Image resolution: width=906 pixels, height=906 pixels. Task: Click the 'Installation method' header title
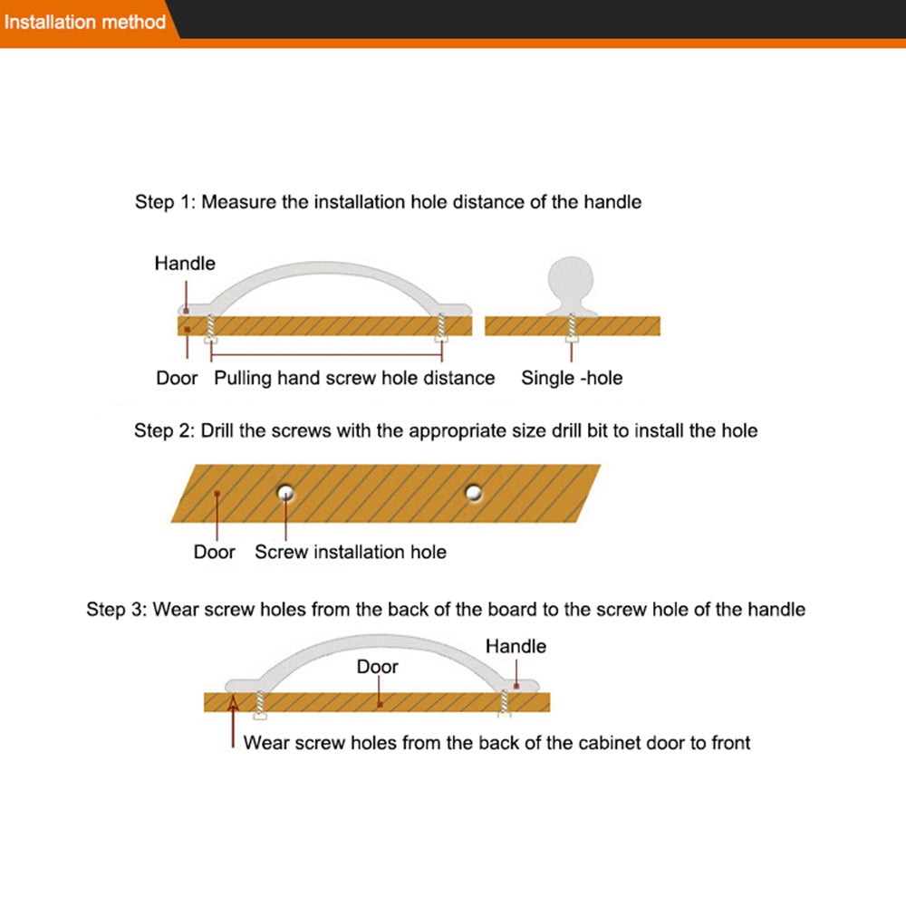85,21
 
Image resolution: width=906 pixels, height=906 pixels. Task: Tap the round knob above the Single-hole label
572,276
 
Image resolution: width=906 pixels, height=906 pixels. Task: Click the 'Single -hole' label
572,378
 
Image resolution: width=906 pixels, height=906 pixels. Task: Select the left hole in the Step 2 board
286,492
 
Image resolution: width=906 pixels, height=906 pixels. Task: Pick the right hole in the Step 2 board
473,492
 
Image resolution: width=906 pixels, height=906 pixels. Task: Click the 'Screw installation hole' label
351,552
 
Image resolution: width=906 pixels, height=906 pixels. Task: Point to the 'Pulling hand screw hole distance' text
354,378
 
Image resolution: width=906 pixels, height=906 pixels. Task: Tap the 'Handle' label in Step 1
185,264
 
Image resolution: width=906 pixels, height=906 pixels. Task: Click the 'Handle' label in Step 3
516,646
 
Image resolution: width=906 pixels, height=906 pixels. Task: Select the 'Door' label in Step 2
214,552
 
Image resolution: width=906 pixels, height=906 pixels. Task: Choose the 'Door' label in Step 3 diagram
377,667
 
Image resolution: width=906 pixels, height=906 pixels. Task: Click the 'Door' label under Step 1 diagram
177,378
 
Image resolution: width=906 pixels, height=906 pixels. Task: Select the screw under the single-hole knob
572,327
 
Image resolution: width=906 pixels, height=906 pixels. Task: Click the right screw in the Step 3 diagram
505,703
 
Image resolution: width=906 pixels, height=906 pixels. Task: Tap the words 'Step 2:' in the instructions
164,430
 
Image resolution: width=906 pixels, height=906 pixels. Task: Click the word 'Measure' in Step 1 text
239,202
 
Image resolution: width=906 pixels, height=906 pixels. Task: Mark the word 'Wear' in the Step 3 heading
175,609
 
